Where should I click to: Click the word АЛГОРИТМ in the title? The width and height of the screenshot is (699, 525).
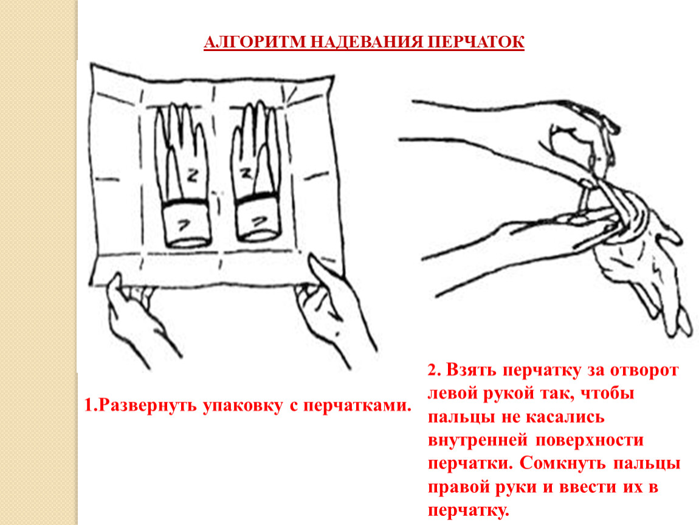254,42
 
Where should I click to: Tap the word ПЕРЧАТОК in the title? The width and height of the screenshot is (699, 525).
475,42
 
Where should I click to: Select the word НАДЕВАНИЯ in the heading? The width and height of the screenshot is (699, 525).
365,42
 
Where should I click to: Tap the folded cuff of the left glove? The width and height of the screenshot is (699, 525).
186,224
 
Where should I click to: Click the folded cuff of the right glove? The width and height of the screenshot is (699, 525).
258,219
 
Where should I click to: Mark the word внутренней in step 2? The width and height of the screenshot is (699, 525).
477,441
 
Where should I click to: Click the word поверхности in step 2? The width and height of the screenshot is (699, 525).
590,441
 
